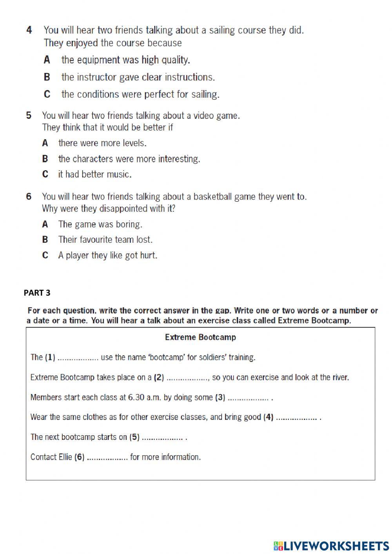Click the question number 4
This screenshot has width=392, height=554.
coord(29,30)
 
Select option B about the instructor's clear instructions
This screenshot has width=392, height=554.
coord(138,77)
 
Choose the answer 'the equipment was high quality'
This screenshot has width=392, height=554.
coord(125,60)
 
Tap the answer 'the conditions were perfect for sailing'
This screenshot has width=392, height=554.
coord(140,94)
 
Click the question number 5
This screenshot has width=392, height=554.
coord(29,115)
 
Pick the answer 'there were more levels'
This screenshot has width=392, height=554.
coord(102,143)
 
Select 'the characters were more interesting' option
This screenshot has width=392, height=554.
coord(129,159)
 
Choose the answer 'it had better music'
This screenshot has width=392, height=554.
coord(94,174)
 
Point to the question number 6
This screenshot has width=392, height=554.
coord(29,196)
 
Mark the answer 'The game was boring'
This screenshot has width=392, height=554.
coord(100,224)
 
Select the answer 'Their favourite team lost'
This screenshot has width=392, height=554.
coord(105,240)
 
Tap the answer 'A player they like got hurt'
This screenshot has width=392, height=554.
coord(107,256)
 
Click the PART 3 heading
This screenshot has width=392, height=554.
coord(37,292)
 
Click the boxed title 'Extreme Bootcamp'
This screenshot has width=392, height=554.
coord(200,337)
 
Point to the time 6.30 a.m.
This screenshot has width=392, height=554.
coord(145,397)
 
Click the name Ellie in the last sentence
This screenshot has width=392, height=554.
coord(65,457)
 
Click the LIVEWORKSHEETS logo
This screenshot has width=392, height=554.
coord(331,545)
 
